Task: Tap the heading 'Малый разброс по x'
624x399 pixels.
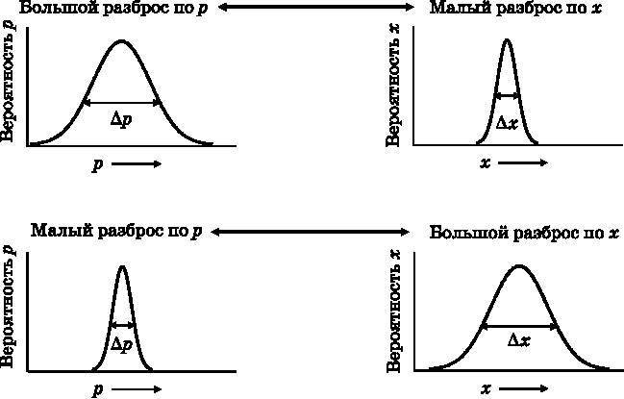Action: pos(515,9)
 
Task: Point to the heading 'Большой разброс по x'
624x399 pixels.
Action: pos(525,233)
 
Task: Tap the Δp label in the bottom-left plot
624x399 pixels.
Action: pos(122,343)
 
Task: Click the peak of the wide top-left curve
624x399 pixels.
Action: pos(121,41)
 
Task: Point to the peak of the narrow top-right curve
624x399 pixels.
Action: pos(507,40)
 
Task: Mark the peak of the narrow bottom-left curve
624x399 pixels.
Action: pos(122,266)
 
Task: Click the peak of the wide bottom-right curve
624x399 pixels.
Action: pos(519,266)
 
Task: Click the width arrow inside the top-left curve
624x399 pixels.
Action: pos(122,102)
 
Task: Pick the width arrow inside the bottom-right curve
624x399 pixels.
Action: pos(519,325)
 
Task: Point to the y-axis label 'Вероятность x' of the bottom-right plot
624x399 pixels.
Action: pos(393,310)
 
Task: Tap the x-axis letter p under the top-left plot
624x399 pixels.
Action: pos(97,164)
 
